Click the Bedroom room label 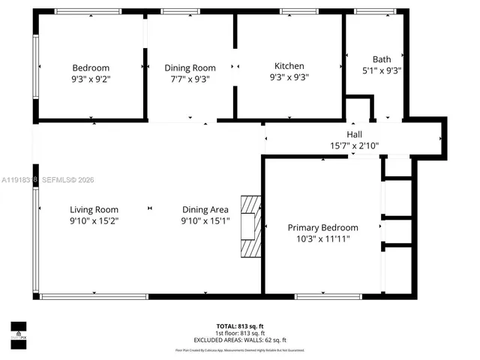tap(91, 67)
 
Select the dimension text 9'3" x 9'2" tap(91, 77)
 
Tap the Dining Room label tap(190, 67)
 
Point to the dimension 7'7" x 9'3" tap(190, 78)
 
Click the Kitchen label tap(289, 66)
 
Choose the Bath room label tap(382, 59)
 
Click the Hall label tap(355, 134)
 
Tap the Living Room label tap(94, 210)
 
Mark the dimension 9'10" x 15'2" tap(94, 221)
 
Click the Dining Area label tap(205, 210)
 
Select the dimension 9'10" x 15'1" tap(205, 221)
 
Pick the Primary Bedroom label tap(322, 227)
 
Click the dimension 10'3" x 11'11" tap(322, 238)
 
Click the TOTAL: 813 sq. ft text tap(239, 326)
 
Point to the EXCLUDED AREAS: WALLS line tap(239, 340)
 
